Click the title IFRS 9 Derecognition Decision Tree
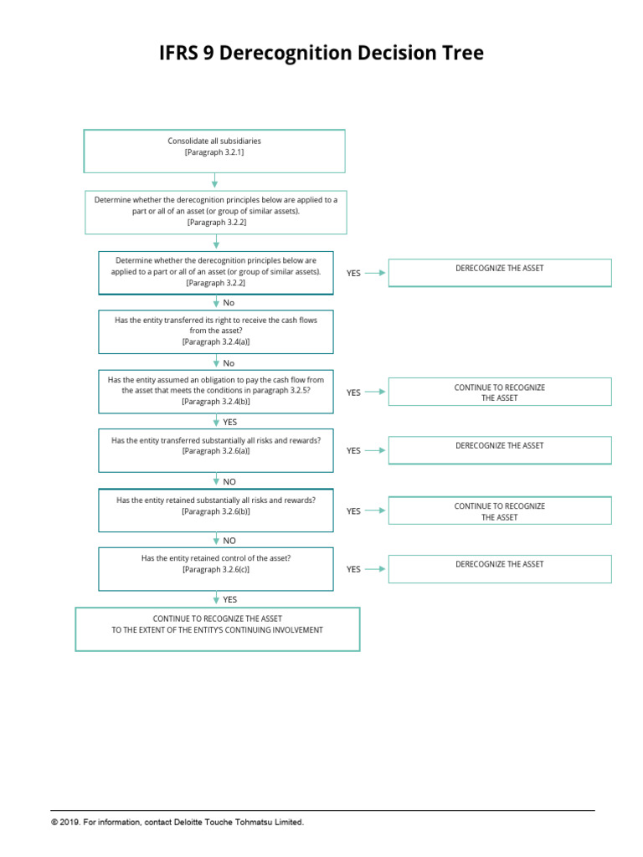pos(321,54)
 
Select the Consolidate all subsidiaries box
pos(214,151)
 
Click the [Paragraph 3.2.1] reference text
pos(214,153)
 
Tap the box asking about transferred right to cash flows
pos(216,331)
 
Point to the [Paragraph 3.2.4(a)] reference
pos(216,342)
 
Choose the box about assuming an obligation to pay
pos(216,391)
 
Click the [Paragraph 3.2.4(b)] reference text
pos(216,402)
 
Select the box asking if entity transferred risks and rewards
pos(216,450)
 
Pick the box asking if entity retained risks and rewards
pos(216,511)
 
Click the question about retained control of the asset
pos(216,558)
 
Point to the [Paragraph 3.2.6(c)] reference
pos(216,569)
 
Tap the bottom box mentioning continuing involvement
pos(218,629)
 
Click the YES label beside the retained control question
pos(353,569)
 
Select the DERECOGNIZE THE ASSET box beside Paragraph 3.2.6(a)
pos(500,450)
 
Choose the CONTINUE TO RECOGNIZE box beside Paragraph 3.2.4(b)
pos(500,393)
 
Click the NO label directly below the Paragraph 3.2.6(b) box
pos(229,541)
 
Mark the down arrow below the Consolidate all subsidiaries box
pos(215,181)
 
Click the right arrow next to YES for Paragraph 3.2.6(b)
pos(376,511)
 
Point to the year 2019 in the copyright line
pos(69,823)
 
